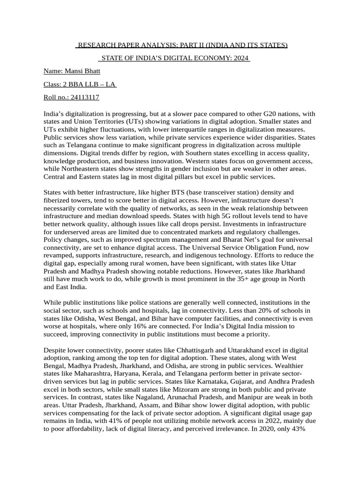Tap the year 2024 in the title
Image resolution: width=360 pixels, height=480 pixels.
pyautogui.click(x=239, y=58)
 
